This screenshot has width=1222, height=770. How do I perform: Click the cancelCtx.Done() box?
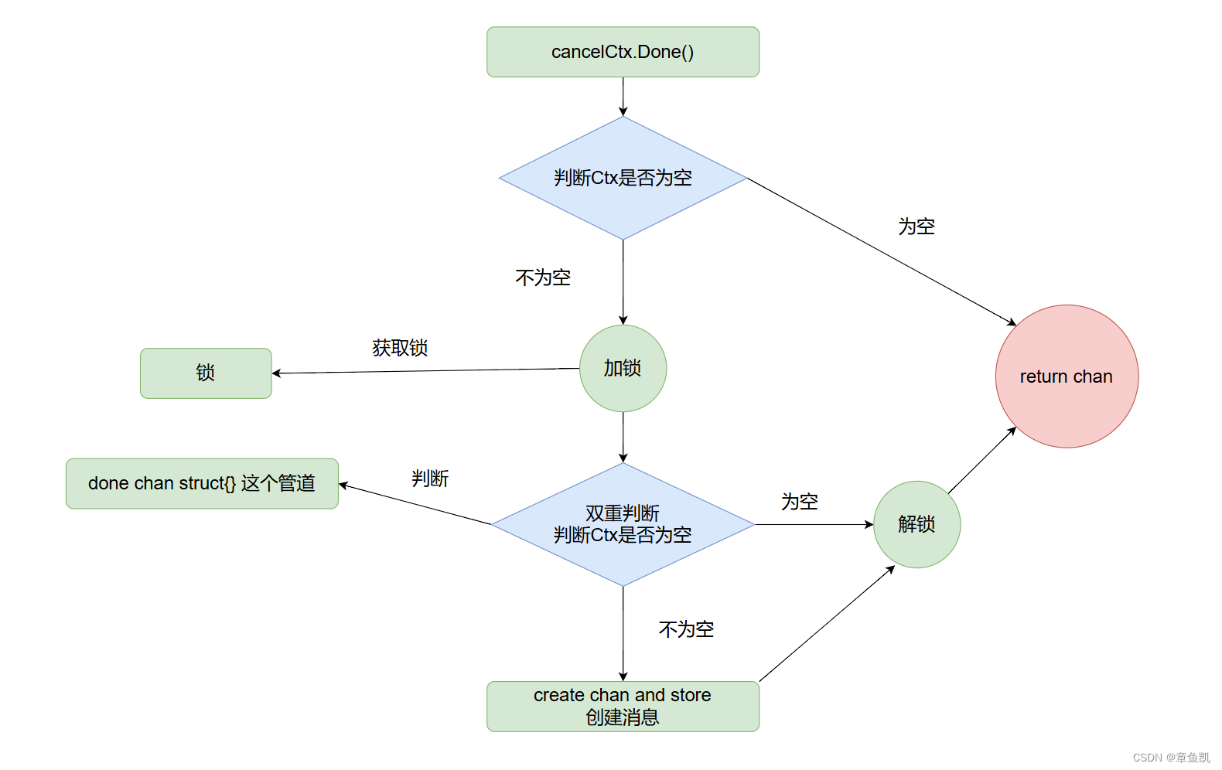(x=623, y=52)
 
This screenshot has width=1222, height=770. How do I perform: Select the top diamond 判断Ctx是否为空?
(x=623, y=178)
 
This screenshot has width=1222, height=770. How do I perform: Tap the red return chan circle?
(x=1067, y=376)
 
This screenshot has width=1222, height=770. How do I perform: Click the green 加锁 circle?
(x=623, y=368)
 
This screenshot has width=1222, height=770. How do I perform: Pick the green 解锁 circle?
(x=916, y=524)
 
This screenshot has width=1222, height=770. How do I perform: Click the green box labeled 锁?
(x=206, y=373)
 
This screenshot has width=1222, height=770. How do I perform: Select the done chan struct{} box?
(x=202, y=483)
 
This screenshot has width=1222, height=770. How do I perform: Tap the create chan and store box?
(x=623, y=706)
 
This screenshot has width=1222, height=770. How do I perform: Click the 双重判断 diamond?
(x=623, y=524)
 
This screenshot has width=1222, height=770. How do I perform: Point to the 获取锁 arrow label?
(x=400, y=348)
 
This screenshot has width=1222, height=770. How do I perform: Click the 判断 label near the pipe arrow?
(x=430, y=479)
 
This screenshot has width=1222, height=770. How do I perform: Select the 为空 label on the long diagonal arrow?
(x=916, y=227)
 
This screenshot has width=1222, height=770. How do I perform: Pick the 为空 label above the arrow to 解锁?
(x=800, y=502)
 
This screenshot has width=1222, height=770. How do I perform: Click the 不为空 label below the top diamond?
(x=543, y=278)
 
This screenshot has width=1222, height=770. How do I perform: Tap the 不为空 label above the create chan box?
(x=686, y=629)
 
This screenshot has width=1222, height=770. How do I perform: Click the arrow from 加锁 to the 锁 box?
(x=425, y=371)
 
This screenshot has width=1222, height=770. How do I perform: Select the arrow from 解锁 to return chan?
(x=982, y=460)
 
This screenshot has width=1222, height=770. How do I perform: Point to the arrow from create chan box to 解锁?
(x=828, y=623)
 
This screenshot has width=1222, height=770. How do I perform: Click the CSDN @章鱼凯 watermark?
(x=1171, y=758)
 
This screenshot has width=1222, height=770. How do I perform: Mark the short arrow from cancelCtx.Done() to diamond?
(x=623, y=97)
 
